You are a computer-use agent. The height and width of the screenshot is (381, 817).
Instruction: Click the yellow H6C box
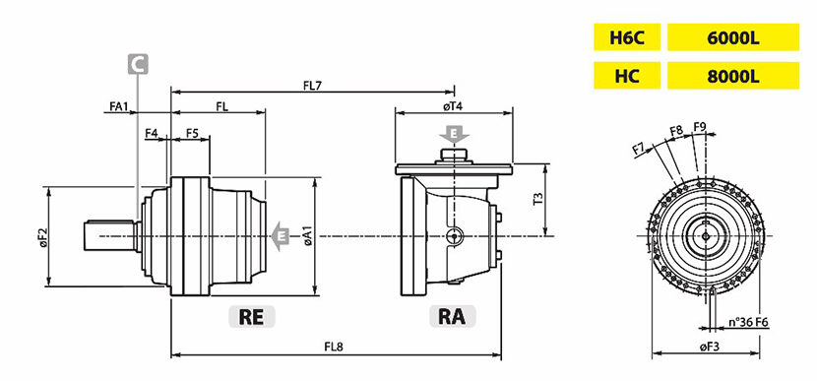pos(627,37)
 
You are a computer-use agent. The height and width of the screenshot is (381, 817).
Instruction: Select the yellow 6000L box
pos(733,37)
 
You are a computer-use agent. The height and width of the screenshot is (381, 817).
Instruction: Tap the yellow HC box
pos(627,76)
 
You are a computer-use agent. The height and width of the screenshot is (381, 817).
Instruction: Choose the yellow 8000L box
pos(733,76)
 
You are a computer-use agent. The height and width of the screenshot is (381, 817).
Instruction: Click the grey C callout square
pos(138,64)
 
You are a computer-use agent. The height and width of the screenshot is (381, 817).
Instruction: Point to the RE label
pos(252,316)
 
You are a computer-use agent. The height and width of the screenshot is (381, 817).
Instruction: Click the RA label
pos(452,316)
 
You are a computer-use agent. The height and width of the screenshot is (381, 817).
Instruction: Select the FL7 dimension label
pos(314,86)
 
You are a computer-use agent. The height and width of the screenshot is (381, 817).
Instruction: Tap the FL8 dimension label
pos(334,347)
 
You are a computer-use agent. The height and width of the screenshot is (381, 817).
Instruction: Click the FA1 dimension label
pos(119,106)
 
